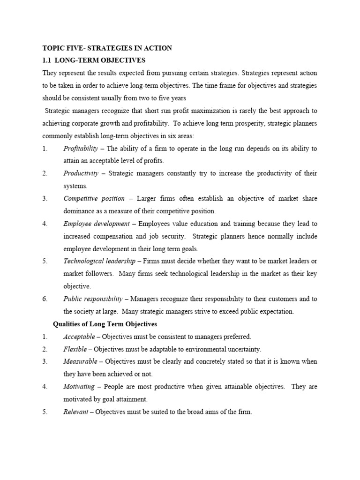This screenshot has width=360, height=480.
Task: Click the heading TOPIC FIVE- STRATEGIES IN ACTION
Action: tap(107, 48)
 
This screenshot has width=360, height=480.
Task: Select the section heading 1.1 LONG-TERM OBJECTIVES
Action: tap(94, 60)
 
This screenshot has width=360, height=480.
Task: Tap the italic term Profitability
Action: tap(81, 149)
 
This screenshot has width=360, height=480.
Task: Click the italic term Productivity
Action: tap(81, 173)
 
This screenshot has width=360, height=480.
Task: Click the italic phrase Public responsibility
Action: tap(93, 299)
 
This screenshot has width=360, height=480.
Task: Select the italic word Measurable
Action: tap(80, 361)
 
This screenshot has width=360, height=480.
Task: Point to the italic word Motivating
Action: tap(79, 387)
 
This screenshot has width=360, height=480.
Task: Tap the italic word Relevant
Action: tap(75, 412)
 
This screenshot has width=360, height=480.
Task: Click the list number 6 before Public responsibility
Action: tap(45, 299)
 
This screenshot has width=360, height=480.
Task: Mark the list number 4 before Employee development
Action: tap(45, 224)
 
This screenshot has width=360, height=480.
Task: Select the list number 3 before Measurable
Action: tap(45, 361)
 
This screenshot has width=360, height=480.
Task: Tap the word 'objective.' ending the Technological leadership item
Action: tap(77, 286)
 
